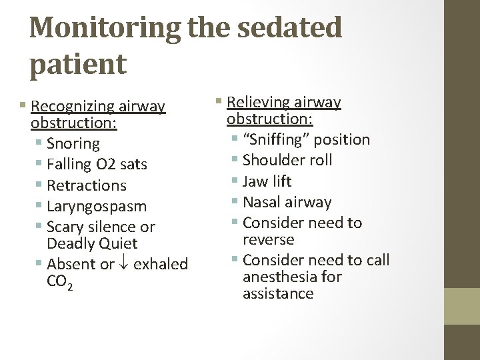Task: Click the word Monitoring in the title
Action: point(105,28)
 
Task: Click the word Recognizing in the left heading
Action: point(73,107)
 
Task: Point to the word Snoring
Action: point(73,143)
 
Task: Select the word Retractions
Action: point(87,185)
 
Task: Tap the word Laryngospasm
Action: point(97,206)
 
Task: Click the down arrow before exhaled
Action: point(124,265)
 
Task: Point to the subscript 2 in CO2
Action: point(69,285)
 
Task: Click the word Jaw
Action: point(255,181)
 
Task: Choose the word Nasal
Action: point(262,202)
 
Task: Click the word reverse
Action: point(269,239)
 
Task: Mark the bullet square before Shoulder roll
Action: point(235,161)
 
